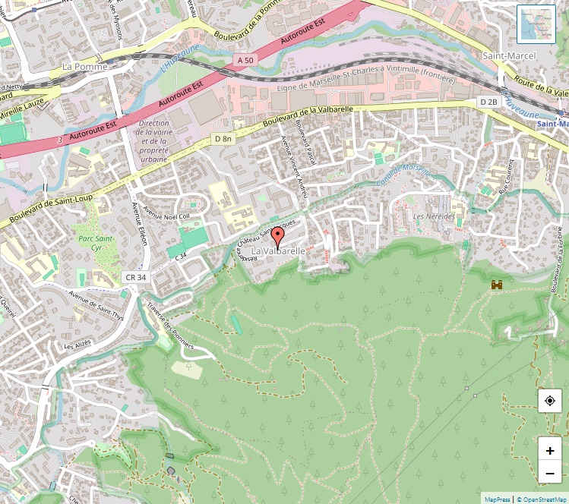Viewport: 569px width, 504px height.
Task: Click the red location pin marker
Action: pyautogui.click(x=277, y=238)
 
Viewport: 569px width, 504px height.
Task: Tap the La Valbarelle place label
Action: pyautogui.click(x=278, y=250)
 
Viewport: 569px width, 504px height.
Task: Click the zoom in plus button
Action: pyautogui.click(x=550, y=450)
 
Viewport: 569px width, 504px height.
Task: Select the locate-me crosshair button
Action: pyautogui.click(x=550, y=401)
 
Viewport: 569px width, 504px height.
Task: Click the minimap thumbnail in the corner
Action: pyautogui.click(x=536, y=24)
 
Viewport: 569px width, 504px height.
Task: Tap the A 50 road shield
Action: pyautogui.click(x=245, y=60)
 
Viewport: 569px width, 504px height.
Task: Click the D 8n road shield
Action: pyautogui.click(x=223, y=139)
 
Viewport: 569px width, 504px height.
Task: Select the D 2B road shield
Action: pyautogui.click(x=488, y=102)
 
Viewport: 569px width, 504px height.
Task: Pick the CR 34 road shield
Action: pyautogui.click(x=137, y=278)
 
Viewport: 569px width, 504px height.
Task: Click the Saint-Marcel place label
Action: pyautogui.click(x=508, y=56)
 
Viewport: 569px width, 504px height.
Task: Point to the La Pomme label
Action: pyautogui.click(x=85, y=67)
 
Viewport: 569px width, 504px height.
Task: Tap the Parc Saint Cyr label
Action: pyautogui.click(x=95, y=243)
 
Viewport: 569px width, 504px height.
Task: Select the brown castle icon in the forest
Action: pyautogui.click(x=498, y=285)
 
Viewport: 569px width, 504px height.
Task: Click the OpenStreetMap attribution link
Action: pyautogui.click(x=543, y=499)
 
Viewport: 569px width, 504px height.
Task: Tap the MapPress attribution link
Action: pyautogui.click(x=497, y=499)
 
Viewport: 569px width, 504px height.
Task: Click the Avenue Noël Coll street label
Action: pyautogui.click(x=166, y=216)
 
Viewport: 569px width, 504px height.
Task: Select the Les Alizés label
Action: pyautogui.click(x=77, y=345)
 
